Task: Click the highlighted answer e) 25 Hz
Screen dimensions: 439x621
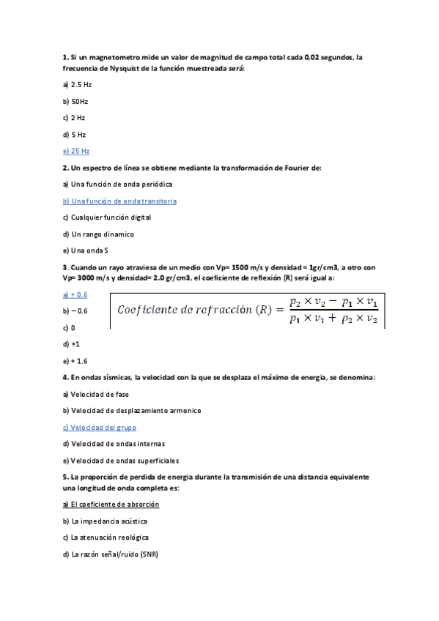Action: [76, 151]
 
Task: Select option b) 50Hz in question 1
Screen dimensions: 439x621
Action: [75, 101]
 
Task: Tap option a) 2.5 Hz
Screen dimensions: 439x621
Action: [77, 85]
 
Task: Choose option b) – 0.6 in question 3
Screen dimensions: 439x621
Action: [75, 310]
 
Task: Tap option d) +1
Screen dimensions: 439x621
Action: [72, 343]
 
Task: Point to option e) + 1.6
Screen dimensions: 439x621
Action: [75, 361]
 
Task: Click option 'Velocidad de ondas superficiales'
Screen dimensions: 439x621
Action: [121, 461]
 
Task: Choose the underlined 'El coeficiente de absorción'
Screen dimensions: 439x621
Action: [111, 505]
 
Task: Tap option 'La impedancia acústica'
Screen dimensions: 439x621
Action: [106, 521]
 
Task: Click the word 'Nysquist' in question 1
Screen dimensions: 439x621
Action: [116, 68]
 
